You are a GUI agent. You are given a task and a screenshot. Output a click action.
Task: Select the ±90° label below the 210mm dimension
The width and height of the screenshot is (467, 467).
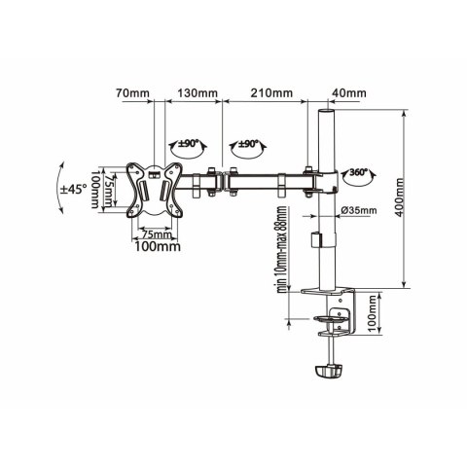pyautogui.click(x=247, y=144)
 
